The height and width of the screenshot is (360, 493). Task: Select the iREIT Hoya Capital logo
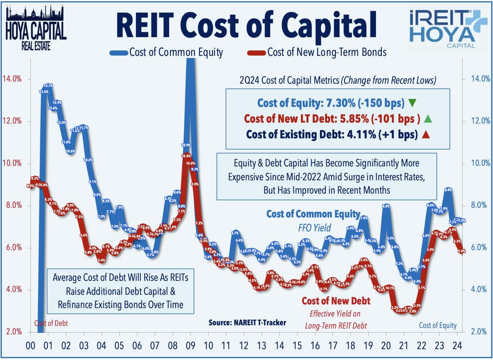click(x=447, y=29)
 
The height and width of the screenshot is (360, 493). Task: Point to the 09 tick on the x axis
click(x=191, y=345)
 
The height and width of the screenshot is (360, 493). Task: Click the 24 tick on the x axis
click(x=457, y=345)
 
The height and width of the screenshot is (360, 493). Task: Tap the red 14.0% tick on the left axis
click(x=12, y=79)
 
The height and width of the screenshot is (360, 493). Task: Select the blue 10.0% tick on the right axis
click(x=480, y=163)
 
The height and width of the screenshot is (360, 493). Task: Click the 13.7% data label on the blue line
click(x=48, y=86)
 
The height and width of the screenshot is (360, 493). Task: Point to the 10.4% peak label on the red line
click(x=186, y=156)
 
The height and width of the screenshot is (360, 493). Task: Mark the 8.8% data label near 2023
click(x=448, y=190)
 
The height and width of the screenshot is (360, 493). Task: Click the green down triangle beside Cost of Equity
click(x=412, y=103)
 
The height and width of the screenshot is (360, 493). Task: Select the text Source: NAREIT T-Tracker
click(x=247, y=323)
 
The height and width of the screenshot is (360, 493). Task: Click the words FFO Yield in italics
click(x=314, y=228)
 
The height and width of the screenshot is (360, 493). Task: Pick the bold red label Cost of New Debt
click(x=336, y=301)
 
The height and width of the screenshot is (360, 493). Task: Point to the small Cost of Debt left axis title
click(x=51, y=323)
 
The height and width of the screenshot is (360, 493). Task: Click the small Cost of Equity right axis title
click(x=437, y=325)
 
